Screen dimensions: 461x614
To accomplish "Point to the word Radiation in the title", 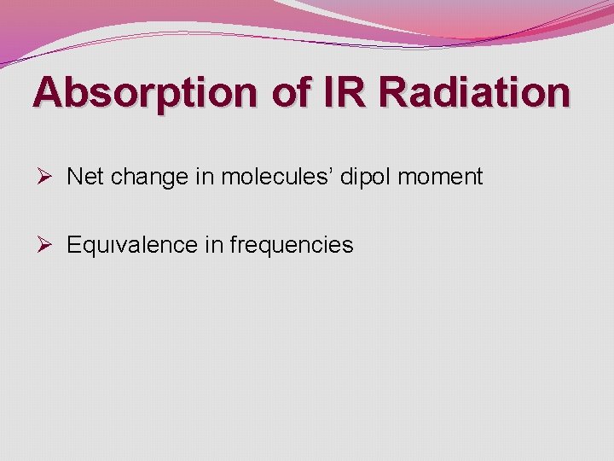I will click(x=476, y=92).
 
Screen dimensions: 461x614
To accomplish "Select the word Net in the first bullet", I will click(x=84, y=177).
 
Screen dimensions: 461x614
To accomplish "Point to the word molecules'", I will click(x=276, y=177).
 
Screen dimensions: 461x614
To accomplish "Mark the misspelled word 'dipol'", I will click(x=365, y=178).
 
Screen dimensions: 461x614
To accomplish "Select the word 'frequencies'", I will click(x=291, y=246).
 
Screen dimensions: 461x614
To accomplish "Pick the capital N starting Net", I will click(x=73, y=177).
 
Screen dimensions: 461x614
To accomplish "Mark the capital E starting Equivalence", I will click(x=73, y=245).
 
